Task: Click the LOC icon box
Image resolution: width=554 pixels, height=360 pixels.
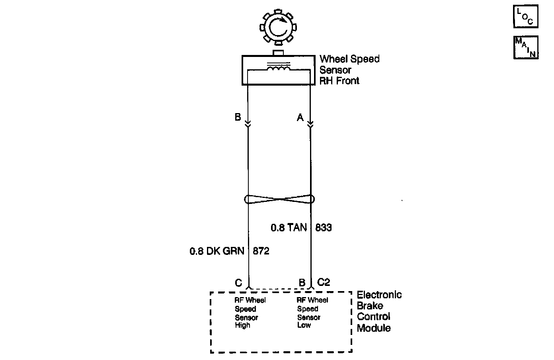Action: coord(525,17)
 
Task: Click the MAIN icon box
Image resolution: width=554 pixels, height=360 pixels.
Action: coord(526,47)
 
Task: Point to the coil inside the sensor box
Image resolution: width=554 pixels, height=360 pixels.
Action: coord(279,70)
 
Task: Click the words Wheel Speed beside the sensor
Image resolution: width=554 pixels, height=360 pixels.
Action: coord(349,59)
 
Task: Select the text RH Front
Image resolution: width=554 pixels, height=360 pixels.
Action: coord(339,81)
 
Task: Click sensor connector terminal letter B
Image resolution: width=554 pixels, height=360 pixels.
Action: coord(238,117)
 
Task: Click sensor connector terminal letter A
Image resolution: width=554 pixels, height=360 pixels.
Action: coord(300,117)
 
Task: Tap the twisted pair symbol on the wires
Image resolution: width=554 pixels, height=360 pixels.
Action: coord(279,199)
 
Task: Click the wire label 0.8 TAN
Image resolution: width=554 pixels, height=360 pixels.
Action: coord(289,228)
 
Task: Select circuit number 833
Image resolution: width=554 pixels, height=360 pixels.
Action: coord(324,228)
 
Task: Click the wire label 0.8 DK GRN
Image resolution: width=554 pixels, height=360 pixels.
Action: coord(217,251)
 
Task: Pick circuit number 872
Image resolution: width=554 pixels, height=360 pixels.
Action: coord(261,251)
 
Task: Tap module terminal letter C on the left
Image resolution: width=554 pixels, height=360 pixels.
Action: coord(238,283)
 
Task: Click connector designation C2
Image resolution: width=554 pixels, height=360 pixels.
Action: coord(324,282)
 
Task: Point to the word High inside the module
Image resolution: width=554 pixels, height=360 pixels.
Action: coord(242,325)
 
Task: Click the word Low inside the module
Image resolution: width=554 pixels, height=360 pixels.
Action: coord(304,325)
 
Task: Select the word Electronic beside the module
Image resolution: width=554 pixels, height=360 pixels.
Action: coord(379,295)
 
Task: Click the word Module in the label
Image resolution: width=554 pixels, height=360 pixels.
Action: coord(374,328)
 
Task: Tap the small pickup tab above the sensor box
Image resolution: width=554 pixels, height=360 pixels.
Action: coord(278,53)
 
